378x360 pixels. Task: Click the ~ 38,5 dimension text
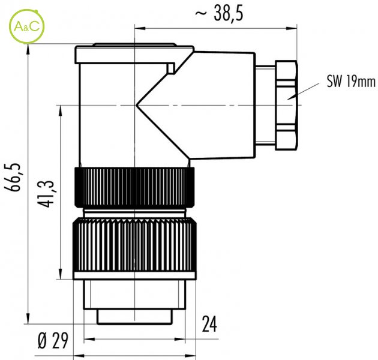(219, 14)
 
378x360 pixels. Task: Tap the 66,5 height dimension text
(12, 177)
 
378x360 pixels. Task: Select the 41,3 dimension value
(46, 194)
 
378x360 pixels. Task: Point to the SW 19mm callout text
(351, 82)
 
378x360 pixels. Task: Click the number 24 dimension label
(209, 323)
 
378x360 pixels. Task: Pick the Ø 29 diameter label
(53, 340)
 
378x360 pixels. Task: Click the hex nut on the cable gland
(286, 106)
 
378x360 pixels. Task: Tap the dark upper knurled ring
(134, 188)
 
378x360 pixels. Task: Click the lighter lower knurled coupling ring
(134, 245)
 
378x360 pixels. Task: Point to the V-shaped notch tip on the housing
(136, 105)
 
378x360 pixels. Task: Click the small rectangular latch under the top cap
(171, 68)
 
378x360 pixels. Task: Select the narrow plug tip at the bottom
(135, 317)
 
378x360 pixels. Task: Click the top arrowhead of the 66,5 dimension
(28, 50)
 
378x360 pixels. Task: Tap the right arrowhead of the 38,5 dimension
(291, 28)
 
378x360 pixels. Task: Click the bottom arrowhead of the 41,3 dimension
(60, 274)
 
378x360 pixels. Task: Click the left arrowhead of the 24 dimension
(89, 339)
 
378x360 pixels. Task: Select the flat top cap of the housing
(134, 54)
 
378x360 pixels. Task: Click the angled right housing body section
(212, 106)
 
